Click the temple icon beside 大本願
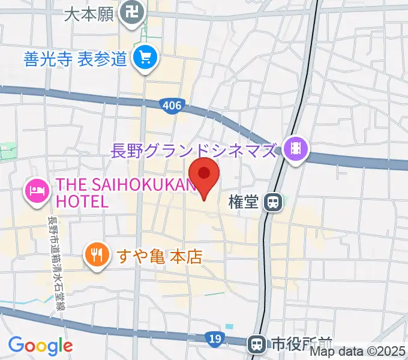point(130,11)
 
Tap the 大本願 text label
point(89,14)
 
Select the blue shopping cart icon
point(145,58)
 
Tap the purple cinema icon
point(295,146)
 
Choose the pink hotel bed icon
point(37,191)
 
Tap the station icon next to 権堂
point(274,203)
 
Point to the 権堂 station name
point(244,203)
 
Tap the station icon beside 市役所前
point(257,344)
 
